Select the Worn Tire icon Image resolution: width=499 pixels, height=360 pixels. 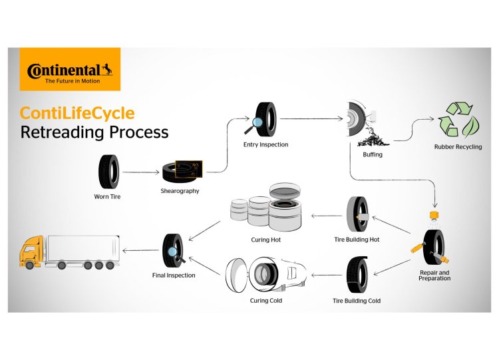[108, 172]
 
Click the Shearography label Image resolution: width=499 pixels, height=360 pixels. [180, 192]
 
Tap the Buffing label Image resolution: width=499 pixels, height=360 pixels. [373, 154]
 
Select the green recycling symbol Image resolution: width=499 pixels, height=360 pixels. [459, 120]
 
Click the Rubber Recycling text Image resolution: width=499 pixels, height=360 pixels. [459, 147]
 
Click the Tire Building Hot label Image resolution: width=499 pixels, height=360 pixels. [357, 240]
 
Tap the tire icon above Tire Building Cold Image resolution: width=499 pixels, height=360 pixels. [356, 274]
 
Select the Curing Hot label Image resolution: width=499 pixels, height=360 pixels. [267, 240]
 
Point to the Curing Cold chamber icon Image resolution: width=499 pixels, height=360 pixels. [266, 273]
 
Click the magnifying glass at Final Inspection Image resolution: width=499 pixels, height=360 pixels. [174, 252]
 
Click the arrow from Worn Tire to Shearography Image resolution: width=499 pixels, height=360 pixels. [140, 172]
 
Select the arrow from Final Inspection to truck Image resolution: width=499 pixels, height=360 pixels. [138, 250]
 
